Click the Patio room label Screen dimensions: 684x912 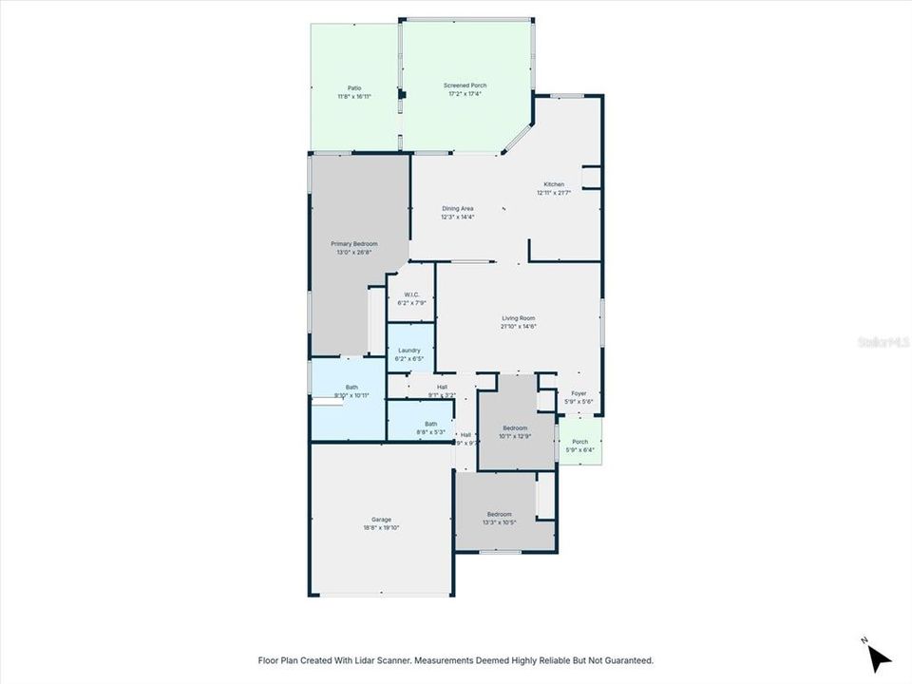353,87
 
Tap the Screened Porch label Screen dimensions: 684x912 465,85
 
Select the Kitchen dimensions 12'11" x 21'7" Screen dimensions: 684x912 554,193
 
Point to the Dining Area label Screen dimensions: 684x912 457,208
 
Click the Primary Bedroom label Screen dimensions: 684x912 353,243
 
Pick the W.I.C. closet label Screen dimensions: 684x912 411,294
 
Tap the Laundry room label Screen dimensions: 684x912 409,350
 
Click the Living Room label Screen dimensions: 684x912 519,318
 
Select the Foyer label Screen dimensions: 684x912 579,393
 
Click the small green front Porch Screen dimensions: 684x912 579,444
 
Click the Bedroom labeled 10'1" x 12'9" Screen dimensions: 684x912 515,428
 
